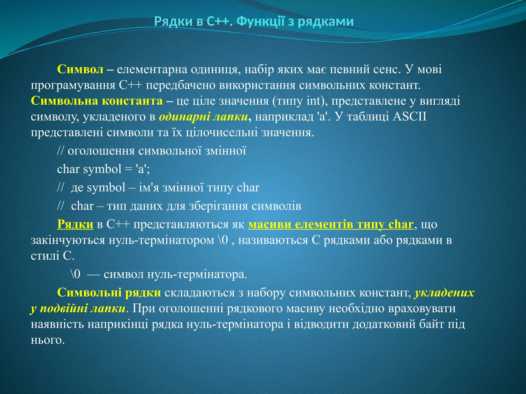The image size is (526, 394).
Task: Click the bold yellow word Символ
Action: coord(80,70)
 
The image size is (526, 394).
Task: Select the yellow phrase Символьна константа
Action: coord(97,101)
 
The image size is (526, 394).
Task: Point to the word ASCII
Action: coord(409,117)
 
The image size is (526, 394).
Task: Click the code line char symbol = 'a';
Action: coord(103,169)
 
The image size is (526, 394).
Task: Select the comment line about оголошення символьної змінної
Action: coord(152,151)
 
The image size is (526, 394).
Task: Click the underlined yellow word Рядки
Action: coord(75,224)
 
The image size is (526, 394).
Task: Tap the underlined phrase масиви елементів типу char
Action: coord(331,224)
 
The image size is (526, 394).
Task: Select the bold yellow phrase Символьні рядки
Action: coord(109,293)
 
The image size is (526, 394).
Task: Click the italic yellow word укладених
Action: coord(444,293)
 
